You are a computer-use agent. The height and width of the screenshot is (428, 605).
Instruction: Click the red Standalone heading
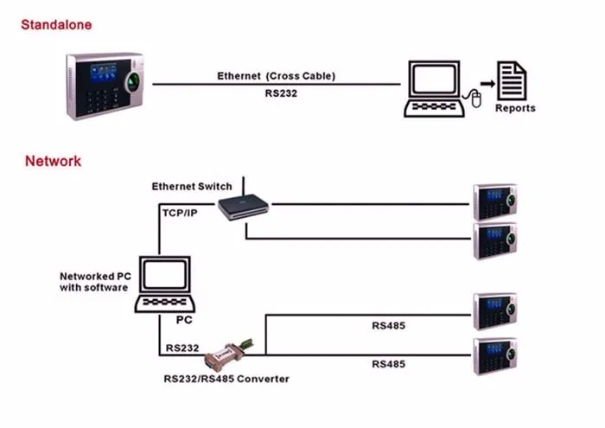pos(56,24)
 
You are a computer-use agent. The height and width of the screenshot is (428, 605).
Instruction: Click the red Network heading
pos(53,161)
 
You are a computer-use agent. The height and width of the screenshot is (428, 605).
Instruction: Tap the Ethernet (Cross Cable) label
pos(276,76)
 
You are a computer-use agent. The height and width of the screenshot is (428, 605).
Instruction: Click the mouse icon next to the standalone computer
pos(474,99)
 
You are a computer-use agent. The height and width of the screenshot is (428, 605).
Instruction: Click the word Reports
pos(515,109)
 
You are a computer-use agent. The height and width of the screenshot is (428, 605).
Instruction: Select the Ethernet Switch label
pos(191,186)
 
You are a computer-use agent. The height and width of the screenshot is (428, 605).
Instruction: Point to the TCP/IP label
pos(180,212)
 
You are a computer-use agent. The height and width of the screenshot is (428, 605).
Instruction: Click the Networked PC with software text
pos(93,282)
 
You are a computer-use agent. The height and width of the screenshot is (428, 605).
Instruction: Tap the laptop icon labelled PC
pos(165,286)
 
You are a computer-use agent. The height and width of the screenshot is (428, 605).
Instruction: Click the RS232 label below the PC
pos(181,348)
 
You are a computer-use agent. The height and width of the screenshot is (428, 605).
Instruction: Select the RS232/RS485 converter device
pos(227,353)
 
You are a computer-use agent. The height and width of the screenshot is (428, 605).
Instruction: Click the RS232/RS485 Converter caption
pos(226,379)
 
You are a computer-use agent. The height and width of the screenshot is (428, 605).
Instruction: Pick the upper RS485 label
pos(388,327)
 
